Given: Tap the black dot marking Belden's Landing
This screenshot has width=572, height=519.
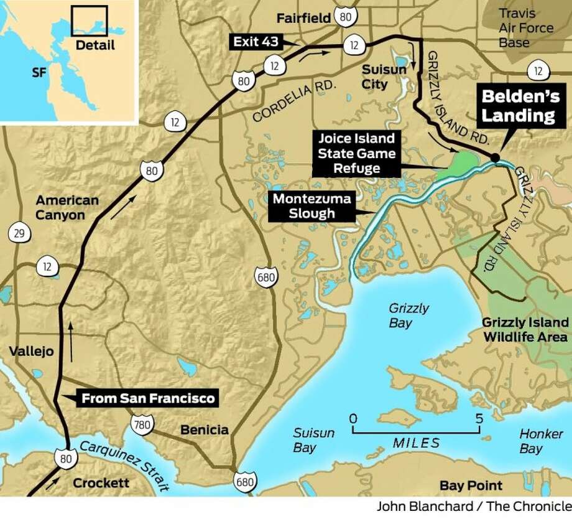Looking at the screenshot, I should coord(494,158).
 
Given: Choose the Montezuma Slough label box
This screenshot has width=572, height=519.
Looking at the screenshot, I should coord(310,206).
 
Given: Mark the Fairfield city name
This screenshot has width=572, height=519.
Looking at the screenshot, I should coord(313,18).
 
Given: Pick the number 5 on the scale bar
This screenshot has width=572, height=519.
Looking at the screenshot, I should coord(479,418).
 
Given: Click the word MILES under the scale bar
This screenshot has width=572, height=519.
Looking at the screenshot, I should coord(416,443).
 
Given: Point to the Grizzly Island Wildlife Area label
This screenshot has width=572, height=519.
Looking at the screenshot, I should coord(525,329).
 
